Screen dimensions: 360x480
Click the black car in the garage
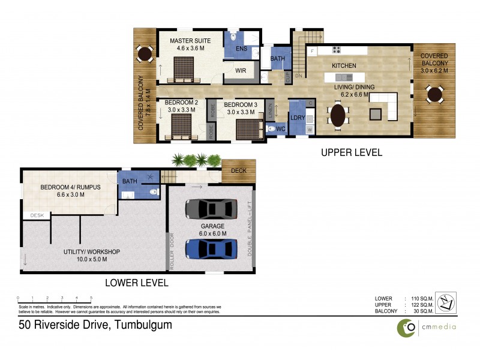[210, 209]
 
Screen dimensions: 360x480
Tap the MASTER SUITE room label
[187, 41]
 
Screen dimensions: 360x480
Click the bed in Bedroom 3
[248, 129]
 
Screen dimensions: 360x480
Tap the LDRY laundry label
[297, 118]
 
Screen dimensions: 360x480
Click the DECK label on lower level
[238, 170]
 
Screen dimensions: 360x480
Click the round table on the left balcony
[145, 55]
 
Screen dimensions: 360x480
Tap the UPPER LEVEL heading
[352, 152]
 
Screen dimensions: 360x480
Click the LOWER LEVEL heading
[136, 282]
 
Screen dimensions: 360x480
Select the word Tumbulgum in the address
[142, 325]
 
